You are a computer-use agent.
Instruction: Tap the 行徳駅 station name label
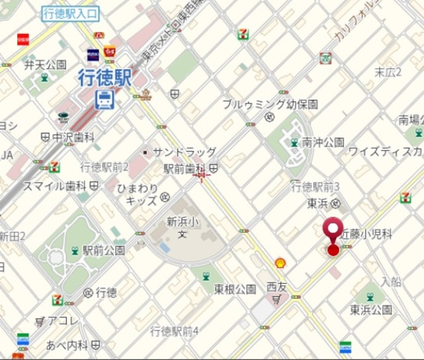tap(105, 79)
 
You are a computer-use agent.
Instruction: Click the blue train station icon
tap(105, 100)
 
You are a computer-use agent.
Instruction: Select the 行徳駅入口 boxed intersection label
tap(70, 13)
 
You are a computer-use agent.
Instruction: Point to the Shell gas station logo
tap(280, 263)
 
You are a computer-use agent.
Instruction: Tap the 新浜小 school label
tap(183, 221)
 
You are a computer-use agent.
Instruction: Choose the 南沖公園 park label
tap(323, 142)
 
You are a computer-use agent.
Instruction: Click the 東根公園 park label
tap(235, 289)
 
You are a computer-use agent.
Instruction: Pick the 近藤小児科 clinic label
tap(367, 234)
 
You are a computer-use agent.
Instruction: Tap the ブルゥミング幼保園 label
tap(270, 104)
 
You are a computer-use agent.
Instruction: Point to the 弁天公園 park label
tap(45, 64)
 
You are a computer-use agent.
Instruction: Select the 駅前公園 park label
tap(103, 251)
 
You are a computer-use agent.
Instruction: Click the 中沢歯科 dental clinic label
tap(74, 137)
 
